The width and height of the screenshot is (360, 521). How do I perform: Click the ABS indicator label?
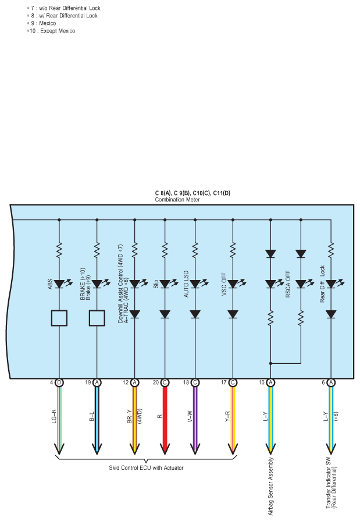50,284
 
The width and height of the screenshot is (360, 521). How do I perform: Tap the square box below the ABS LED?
59,318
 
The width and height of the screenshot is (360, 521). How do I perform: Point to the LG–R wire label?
55,416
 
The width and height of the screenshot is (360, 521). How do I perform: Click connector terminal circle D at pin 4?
59,382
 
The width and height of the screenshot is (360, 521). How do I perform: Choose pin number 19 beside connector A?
88,382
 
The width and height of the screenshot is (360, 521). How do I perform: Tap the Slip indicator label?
156,284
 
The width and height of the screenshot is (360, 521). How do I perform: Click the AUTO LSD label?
186,284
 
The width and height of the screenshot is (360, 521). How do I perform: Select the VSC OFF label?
224,285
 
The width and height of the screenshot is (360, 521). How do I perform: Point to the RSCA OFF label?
288,284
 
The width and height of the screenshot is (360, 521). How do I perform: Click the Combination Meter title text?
177,200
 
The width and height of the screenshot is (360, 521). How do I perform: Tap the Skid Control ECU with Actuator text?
146,468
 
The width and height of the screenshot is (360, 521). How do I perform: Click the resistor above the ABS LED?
59,250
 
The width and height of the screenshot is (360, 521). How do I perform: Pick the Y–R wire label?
227,417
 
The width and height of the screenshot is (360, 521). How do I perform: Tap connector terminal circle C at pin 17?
233,382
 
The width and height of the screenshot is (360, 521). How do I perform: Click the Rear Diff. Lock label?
322,283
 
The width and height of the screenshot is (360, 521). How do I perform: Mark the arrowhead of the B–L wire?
97,449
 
